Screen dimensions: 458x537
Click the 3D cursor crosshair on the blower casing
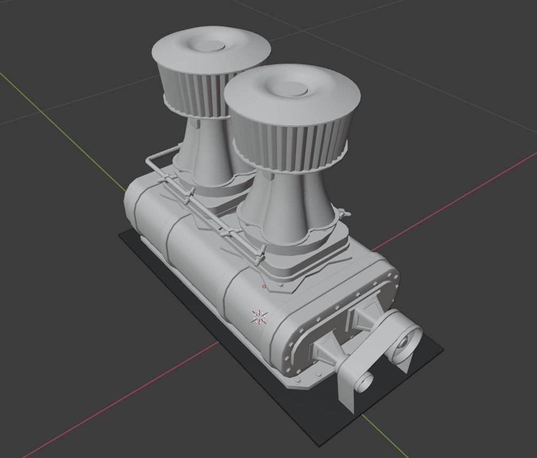pyautogui.click(x=259, y=317)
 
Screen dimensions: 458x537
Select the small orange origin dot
pyautogui.click(x=264, y=287)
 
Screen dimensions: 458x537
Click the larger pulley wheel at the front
pyautogui.click(x=406, y=342)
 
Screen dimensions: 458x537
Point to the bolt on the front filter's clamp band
pyautogui.click(x=345, y=214)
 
